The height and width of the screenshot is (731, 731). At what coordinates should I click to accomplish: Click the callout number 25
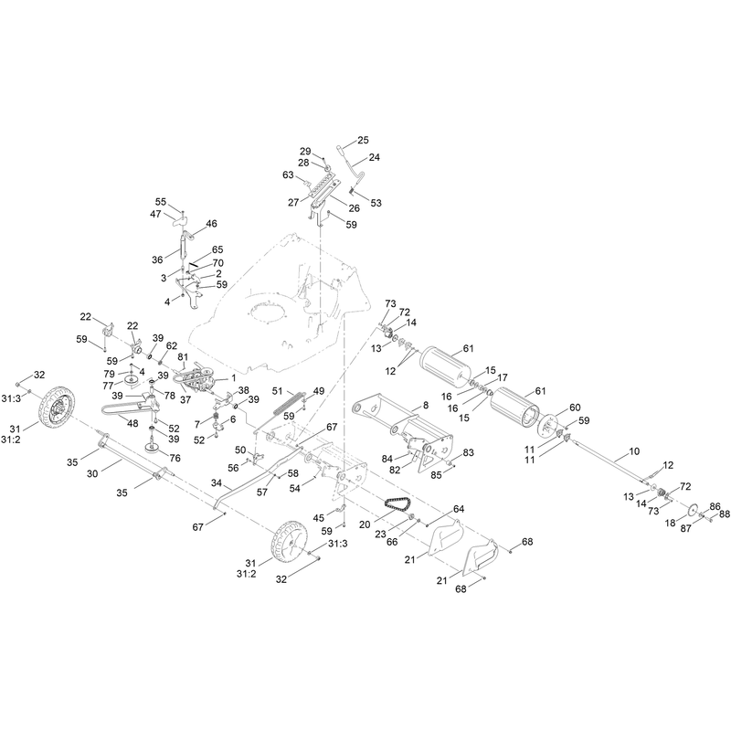point(363,140)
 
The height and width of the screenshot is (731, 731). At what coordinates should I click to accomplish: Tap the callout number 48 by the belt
point(132,423)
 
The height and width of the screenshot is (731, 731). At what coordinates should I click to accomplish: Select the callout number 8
point(426,405)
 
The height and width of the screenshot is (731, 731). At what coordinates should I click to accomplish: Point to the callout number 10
point(634,451)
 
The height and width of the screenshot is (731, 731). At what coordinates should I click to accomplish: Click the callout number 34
point(217,483)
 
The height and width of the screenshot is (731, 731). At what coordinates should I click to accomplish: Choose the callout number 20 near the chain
point(365,524)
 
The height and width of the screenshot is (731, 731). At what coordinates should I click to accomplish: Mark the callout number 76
point(175,459)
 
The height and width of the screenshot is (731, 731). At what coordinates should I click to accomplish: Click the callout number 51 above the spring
point(278,391)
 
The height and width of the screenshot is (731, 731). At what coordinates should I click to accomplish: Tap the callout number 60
point(575,408)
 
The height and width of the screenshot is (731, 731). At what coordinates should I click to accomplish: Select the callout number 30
point(92,473)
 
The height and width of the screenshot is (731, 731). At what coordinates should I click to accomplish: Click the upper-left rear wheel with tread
point(58,408)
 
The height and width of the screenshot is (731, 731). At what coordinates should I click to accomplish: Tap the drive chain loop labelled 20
point(397,504)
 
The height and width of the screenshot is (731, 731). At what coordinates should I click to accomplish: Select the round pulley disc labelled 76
point(152,448)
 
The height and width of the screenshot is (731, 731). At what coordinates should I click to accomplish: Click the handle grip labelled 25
point(341,149)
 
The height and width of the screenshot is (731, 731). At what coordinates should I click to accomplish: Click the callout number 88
point(724,514)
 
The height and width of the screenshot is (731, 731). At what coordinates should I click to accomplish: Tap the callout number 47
point(155,214)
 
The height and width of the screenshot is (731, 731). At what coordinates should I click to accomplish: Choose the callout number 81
point(182,357)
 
